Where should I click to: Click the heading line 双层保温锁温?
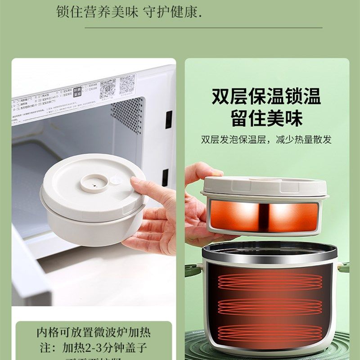tap(266, 97)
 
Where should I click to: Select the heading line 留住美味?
tap(266, 118)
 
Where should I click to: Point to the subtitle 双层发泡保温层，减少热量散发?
tap(266, 139)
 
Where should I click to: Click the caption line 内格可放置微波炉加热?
tap(94, 333)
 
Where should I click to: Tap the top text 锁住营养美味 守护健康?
tap(129, 12)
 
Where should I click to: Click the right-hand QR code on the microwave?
tap(127, 84)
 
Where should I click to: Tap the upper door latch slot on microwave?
tap(168, 119)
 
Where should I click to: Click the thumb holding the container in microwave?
tap(139, 184)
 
